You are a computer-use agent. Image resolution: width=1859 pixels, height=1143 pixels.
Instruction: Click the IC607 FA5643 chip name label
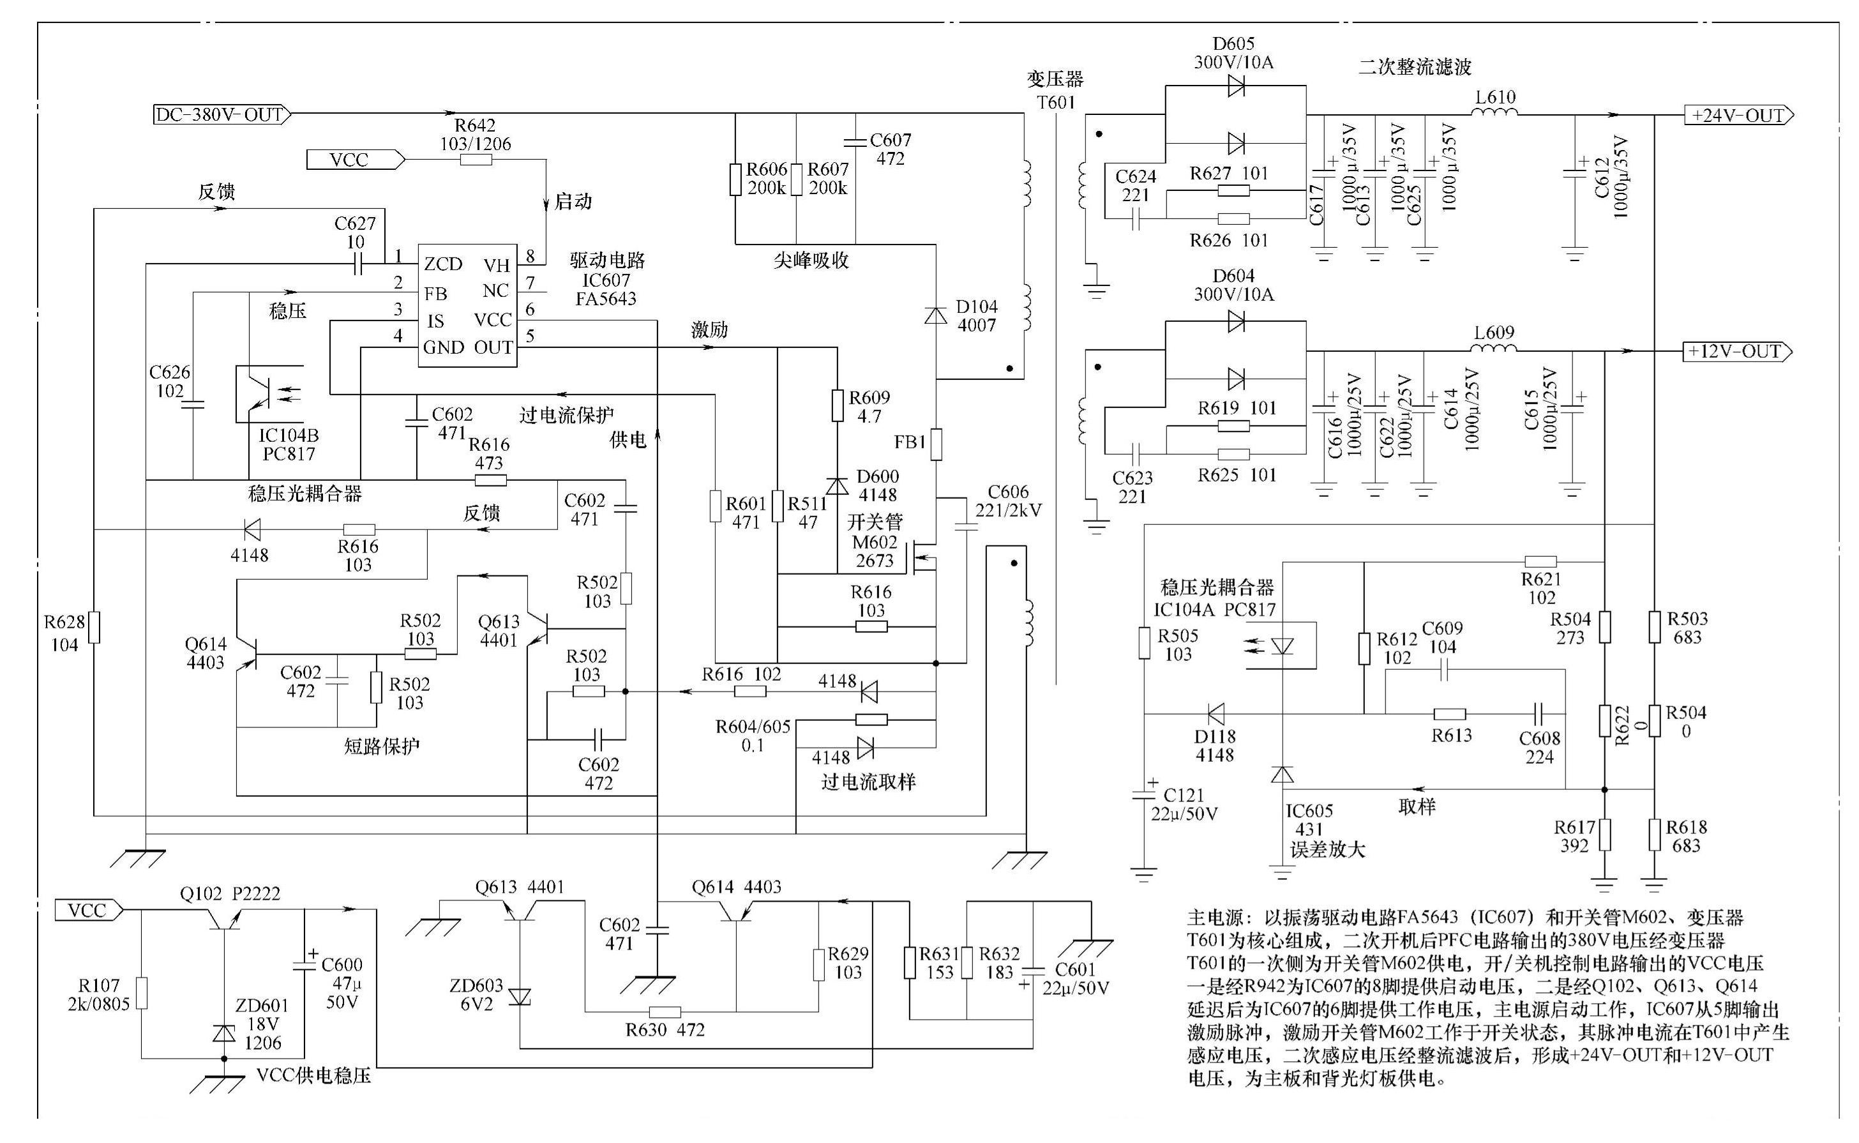[606, 289]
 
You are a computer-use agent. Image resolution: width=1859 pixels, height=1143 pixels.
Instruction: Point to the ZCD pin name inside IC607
[443, 264]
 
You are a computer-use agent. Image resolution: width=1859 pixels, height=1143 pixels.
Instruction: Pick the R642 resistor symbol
[476, 160]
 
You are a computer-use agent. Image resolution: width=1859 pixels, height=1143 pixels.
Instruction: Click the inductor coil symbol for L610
[1494, 114]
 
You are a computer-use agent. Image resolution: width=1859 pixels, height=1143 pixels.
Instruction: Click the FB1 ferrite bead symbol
[937, 444]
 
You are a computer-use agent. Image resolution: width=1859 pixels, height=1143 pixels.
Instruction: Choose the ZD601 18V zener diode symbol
[223, 1033]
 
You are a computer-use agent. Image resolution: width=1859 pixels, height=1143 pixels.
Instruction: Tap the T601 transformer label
[1055, 102]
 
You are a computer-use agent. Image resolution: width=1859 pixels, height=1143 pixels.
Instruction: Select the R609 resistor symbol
[838, 405]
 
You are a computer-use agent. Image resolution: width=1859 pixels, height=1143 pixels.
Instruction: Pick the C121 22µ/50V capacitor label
[1184, 805]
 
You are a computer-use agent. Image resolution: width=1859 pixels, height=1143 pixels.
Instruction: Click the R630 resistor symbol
[665, 1012]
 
